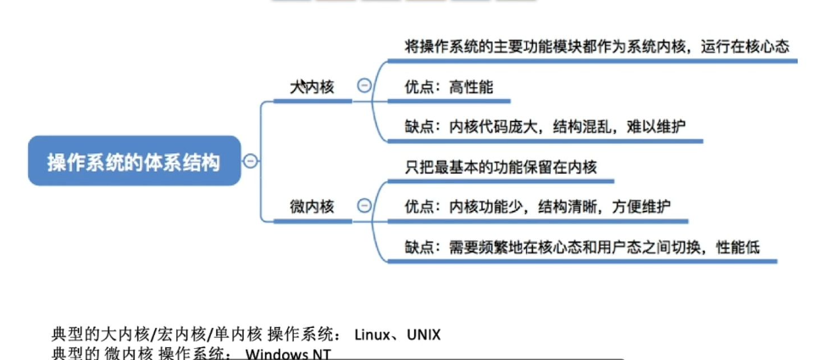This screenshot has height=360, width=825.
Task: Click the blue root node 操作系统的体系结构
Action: pyautogui.click(x=134, y=161)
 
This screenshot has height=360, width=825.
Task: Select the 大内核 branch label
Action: pyautogui.click(x=312, y=86)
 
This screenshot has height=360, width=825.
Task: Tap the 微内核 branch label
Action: pyautogui.click(x=312, y=206)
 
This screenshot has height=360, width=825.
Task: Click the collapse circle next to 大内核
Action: pyautogui.click(x=364, y=86)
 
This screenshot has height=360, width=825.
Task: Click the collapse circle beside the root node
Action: pyautogui.click(x=251, y=161)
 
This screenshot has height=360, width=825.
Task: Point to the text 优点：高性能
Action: pyautogui.click(x=449, y=86)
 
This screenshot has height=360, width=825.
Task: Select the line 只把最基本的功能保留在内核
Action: pyautogui.click(x=501, y=167)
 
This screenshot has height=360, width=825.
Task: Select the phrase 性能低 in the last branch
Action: pyautogui.click(x=738, y=246)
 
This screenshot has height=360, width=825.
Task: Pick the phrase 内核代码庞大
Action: pyautogui.click(x=491, y=126)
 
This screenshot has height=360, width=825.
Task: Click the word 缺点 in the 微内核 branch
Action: pyautogui.click(x=421, y=246)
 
